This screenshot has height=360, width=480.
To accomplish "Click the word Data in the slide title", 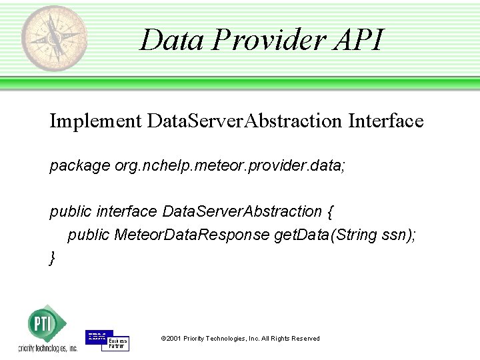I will (x=171, y=39).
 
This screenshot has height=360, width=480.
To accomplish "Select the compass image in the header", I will (x=54, y=38).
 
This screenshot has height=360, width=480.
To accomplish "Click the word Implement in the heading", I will (x=95, y=121).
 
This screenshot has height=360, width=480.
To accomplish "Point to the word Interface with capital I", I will (x=386, y=121).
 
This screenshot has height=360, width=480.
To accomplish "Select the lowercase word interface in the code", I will (x=126, y=211).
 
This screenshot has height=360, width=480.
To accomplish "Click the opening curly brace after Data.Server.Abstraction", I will (x=331, y=212).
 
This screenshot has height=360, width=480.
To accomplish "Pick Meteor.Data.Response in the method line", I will (x=192, y=235).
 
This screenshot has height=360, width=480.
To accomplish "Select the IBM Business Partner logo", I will (x=107, y=340).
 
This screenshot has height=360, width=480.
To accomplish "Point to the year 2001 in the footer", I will (x=173, y=339).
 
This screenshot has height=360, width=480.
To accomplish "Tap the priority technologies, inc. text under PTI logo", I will (x=48, y=349).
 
